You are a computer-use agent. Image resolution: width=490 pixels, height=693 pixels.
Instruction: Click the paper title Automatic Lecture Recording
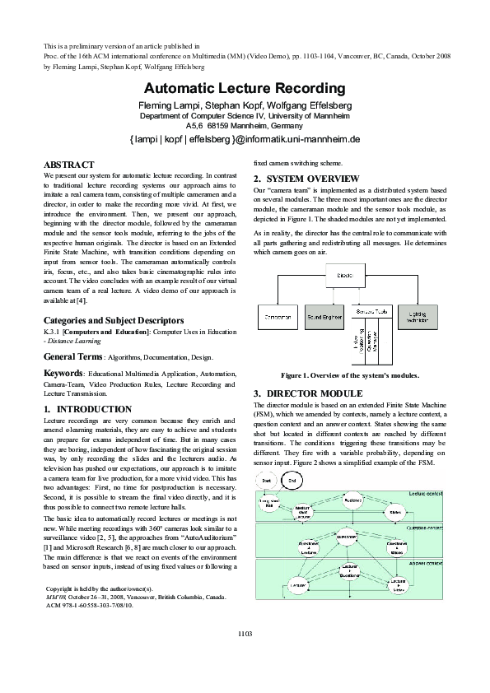coord(245,88)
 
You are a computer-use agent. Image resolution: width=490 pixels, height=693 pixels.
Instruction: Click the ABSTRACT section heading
coord(68,165)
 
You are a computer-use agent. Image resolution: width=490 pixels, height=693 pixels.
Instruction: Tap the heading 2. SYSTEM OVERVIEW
coord(306,179)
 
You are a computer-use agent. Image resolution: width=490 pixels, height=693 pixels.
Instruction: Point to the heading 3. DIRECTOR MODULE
coord(307,393)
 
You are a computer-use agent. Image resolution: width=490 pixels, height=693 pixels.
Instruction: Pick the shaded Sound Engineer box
coord(324,314)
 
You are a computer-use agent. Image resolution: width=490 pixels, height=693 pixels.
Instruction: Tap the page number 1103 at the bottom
coord(245,656)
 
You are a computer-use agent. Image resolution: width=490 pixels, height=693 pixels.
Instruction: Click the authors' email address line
coord(245,140)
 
